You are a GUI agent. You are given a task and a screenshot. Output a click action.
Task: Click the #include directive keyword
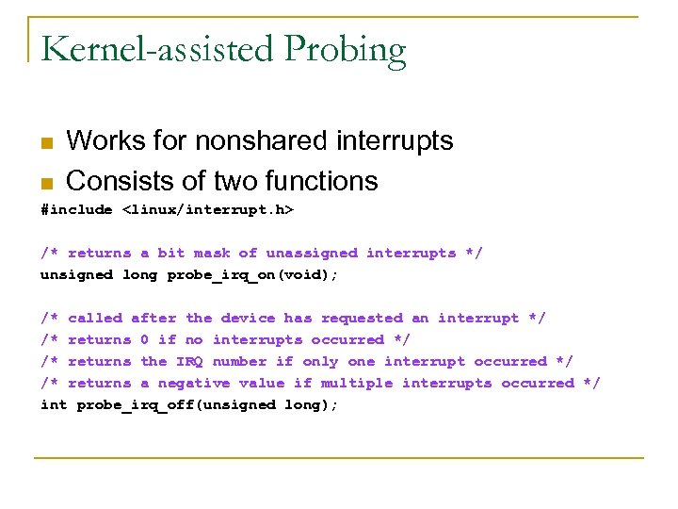click(76, 210)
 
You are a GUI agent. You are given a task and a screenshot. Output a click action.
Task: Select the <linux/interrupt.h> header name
click(208, 210)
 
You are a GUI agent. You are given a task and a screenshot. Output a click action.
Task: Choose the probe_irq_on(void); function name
click(252, 275)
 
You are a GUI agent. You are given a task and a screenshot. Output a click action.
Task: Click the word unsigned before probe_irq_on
click(76, 275)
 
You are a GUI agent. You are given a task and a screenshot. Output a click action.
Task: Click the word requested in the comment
click(362, 319)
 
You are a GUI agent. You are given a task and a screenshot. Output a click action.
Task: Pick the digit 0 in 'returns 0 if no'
click(144, 340)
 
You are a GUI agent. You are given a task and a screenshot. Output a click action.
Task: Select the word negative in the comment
click(194, 384)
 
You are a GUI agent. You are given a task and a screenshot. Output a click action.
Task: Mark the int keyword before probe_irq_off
click(54, 405)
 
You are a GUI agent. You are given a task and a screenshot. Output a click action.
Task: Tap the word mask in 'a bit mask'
click(212, 254)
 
